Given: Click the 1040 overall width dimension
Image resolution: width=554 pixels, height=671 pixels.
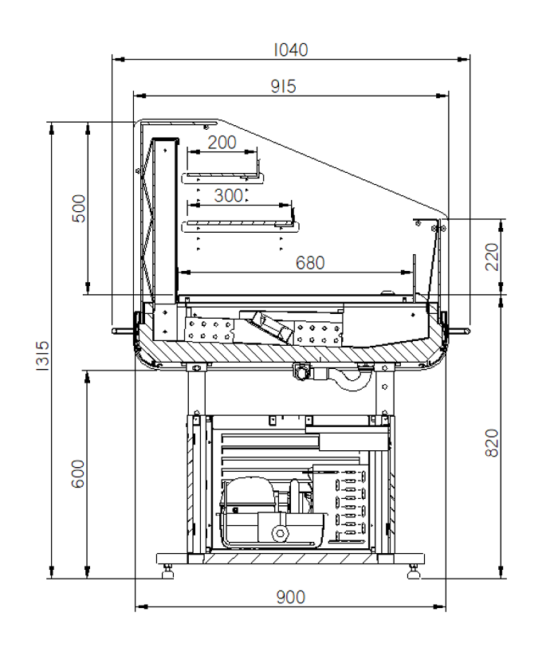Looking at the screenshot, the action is coord(291,50).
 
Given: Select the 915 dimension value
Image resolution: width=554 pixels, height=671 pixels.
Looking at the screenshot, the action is coord(284,86).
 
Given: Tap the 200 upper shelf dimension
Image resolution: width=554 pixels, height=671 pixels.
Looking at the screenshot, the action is coord(222,143).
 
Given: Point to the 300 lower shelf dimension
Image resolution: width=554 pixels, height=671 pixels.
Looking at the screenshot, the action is coord(228,196).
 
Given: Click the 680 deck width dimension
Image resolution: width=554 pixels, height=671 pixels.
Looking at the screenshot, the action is coord(310,263).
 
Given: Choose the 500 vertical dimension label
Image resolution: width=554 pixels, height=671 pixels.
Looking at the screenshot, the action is coord(79,209).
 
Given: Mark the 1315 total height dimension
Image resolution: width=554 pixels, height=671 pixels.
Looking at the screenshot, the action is coord(42,355).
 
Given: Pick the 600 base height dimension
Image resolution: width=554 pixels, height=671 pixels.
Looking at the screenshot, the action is coord(78,473).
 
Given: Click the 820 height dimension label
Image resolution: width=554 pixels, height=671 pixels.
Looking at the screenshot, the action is coord(492,443).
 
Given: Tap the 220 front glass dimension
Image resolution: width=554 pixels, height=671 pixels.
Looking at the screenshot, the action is coord(492,257).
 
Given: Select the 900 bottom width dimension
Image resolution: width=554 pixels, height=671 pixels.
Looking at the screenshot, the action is coord(291,597).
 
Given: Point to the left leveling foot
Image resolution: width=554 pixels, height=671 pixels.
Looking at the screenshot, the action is coord(167,571).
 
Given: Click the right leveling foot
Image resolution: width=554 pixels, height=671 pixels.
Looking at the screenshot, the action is coord(413,571).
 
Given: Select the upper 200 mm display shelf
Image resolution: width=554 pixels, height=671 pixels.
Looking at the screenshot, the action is coord(222,177).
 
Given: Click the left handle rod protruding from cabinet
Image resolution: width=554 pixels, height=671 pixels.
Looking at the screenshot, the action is coord(124,331).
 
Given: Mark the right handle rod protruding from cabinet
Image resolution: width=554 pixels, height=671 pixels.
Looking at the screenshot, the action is coord(458,331).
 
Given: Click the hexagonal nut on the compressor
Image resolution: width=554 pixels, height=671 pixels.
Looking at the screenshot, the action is coord(280,533).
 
